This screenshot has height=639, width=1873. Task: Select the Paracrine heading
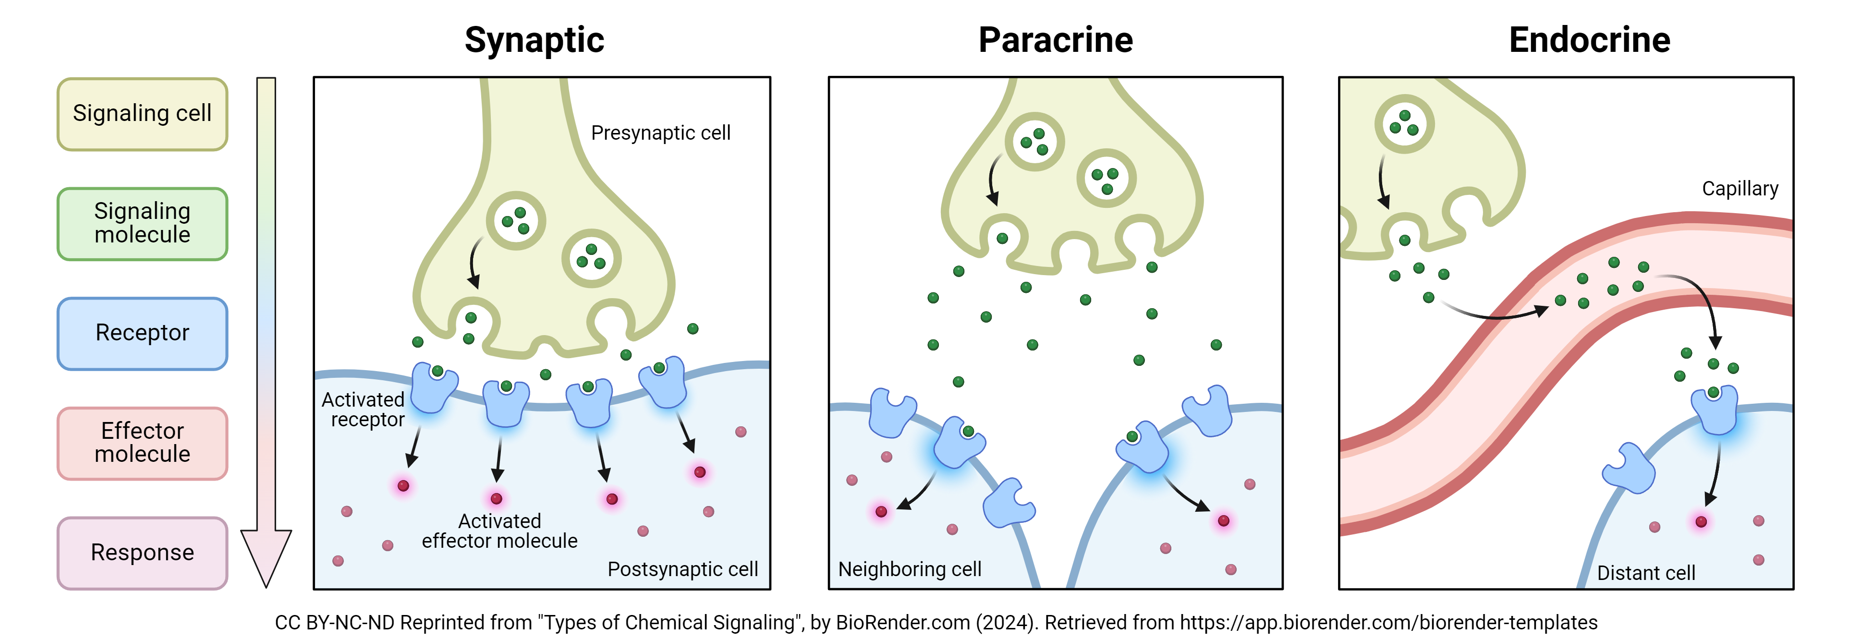1055,40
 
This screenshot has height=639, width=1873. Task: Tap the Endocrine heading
1590,40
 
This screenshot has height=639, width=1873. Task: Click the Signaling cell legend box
143,114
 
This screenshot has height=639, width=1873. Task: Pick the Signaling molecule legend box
143,224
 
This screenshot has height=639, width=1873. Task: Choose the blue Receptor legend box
143,333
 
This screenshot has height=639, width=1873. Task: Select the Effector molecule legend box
143,443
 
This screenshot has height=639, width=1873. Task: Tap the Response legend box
143,553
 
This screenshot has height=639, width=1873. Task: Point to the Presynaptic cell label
660,133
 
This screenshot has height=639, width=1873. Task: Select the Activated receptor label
364,410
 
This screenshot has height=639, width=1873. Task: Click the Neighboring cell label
910,569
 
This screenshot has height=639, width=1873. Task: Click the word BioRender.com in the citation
902,623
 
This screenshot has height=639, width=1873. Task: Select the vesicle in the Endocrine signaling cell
1404,123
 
